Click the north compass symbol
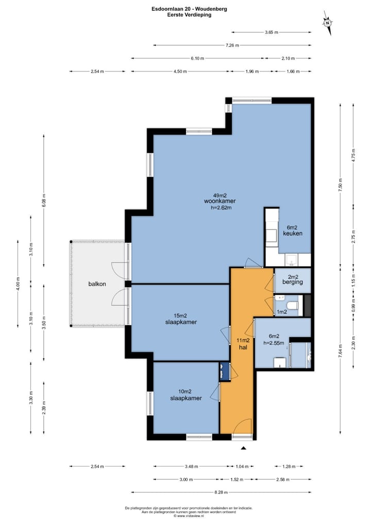[x=328, y=23]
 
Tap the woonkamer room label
[x=220, y=201]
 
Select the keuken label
[x=293, y=234]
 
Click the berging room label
[x=293, y=282]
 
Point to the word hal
[x=243, y=347]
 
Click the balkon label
[x=97, y=284]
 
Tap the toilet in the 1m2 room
[x=293, y=305]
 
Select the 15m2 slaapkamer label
[x=181, y=322]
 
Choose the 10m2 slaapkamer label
[x=186, y=398]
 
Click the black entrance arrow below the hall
[x=244, y=448]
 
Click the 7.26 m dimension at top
[x=232, y=45]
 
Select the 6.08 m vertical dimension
[x=44, y=201]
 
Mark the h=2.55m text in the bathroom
[x=274, y=343]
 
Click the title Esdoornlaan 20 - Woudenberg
[x=189, y=9]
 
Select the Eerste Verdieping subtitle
[x=189, y=15]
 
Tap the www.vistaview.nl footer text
[x=189, y=516]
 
